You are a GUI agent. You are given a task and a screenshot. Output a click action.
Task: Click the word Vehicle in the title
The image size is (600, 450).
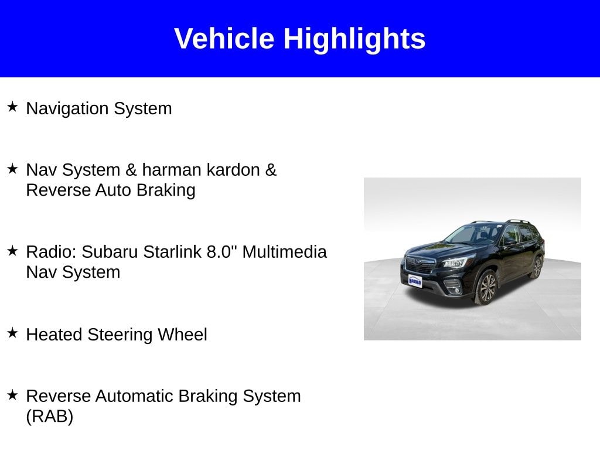(x=224, y=38)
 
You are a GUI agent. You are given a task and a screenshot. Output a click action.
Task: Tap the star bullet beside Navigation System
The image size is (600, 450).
(x=12, y=107)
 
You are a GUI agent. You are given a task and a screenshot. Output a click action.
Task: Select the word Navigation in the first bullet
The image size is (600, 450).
(x=67, y=108)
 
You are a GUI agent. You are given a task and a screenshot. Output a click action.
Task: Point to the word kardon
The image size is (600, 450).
(x=231, y=169)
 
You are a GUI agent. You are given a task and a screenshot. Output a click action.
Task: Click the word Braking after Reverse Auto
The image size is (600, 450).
(x=166, y=190)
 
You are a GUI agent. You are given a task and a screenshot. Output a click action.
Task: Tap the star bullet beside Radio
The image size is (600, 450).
(x=12, y=251)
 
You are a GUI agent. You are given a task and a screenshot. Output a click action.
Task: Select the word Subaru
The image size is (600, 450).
(x=110, y=252)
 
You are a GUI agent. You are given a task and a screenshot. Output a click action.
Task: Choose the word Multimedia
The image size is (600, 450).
(x=285, y=252)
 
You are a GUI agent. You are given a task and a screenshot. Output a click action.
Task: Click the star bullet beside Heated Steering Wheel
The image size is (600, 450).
(x=12, y=333)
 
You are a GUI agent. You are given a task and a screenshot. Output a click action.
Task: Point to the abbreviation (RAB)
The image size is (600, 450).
(x=50, y=417)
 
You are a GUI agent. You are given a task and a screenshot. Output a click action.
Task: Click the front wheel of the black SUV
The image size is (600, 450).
(x=486, y=288)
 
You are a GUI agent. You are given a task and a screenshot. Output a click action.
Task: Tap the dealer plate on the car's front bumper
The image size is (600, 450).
(x=415, y=281)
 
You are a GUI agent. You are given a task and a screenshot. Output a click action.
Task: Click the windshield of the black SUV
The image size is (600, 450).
(x=475, y=235)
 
